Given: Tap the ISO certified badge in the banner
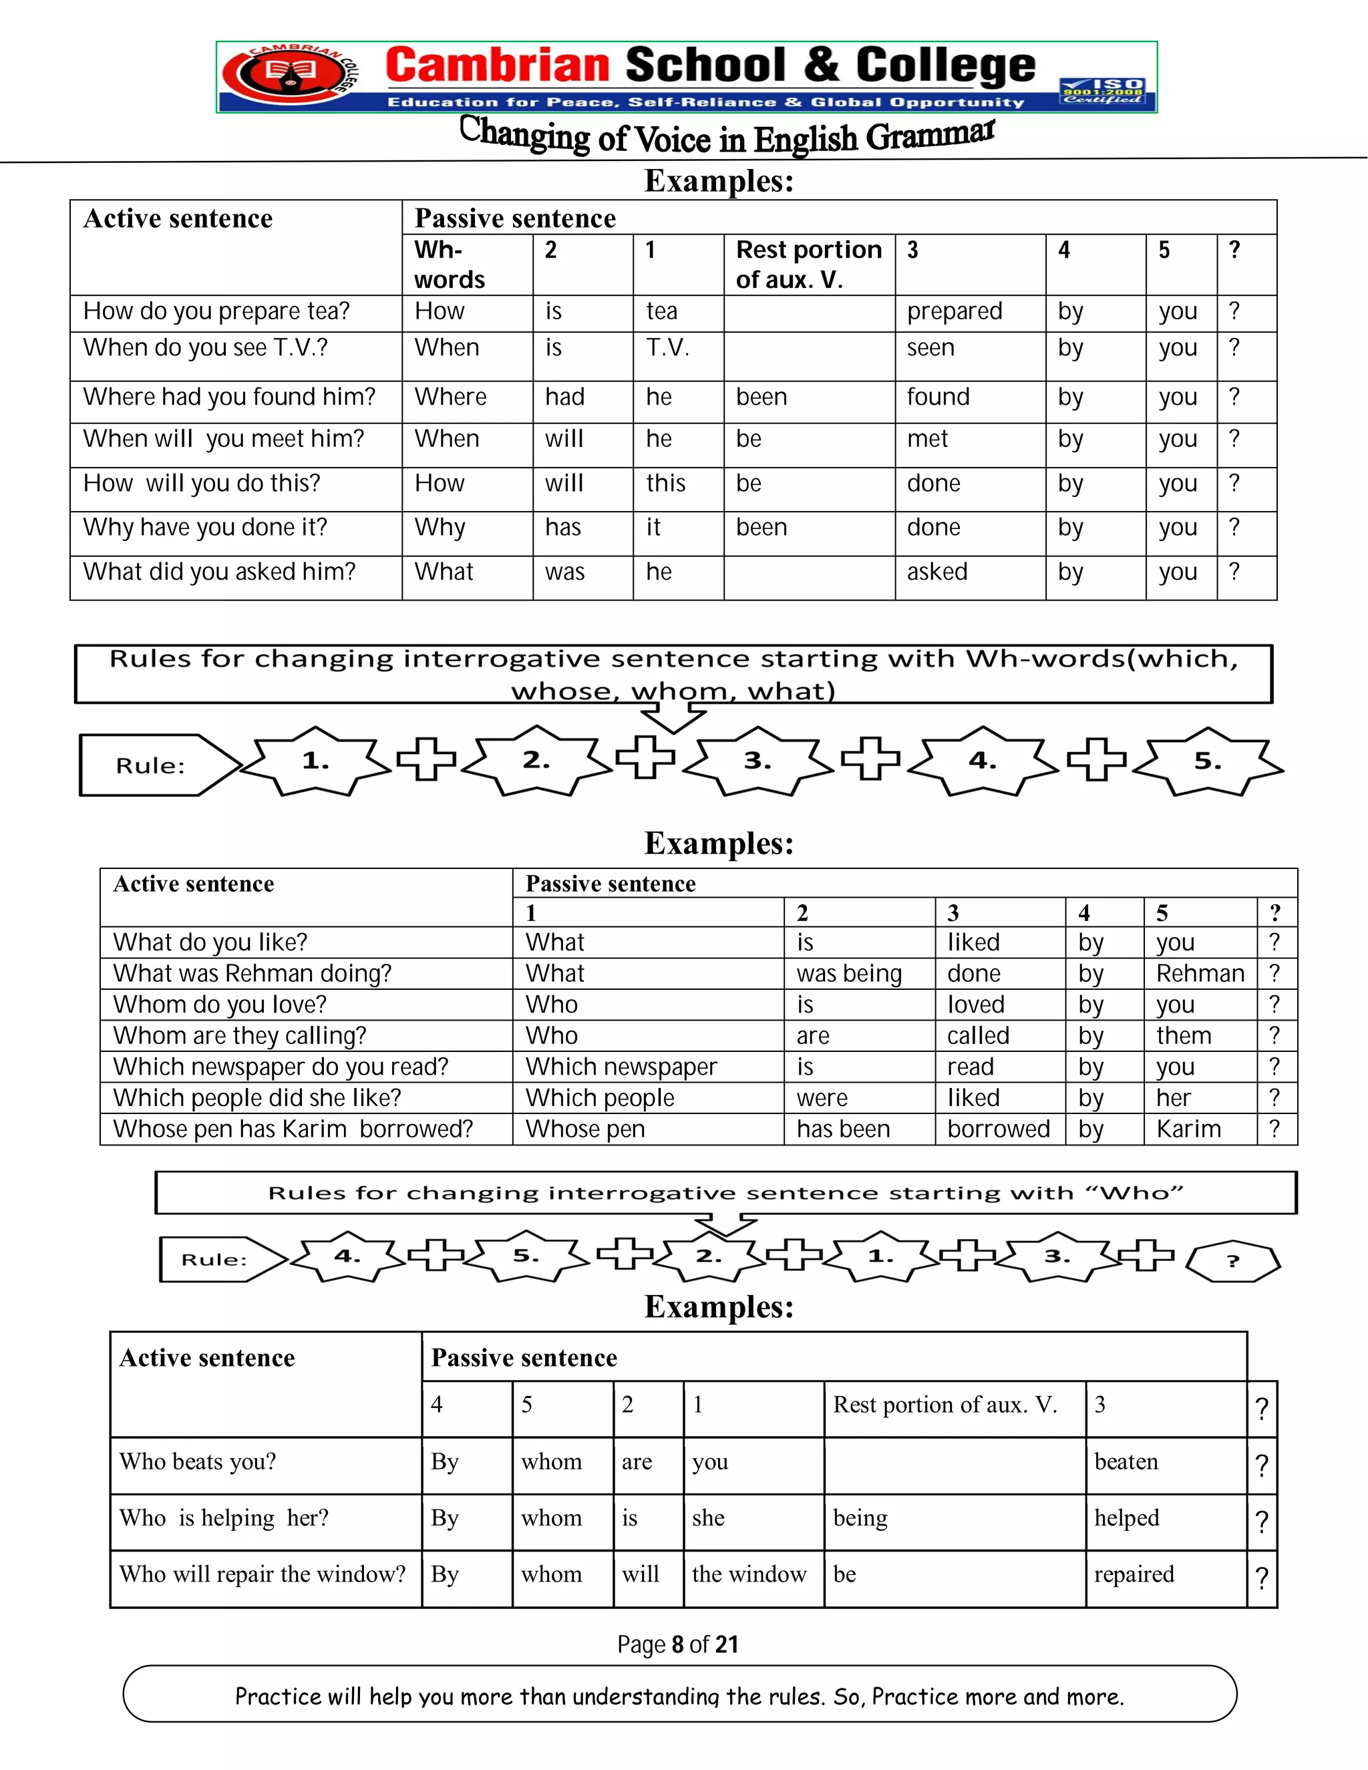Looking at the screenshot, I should tap(1103, 91).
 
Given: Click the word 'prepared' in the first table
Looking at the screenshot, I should tap(954, 311).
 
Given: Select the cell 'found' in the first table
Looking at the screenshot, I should tap(938, 397).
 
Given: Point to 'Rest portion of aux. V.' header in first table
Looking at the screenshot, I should tap(808, 264).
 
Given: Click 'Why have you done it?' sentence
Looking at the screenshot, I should tap(205, 528).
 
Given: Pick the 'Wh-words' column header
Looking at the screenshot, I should tap(450, 264).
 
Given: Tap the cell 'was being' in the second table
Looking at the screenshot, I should tap(848, 973).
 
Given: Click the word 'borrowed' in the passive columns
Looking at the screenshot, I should tap(998, 1129).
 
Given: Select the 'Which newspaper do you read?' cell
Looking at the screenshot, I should tap(281, 1067).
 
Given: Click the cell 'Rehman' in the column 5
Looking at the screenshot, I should tap(1200, 973).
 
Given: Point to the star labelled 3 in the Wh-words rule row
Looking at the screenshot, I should tap(757, 761).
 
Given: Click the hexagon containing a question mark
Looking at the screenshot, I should tap(1232, 1261).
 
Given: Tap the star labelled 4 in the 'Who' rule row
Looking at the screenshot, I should tap(347, 1257).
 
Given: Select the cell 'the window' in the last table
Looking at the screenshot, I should tap(749, 1575).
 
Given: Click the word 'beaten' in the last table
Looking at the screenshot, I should tap(1126, 1462).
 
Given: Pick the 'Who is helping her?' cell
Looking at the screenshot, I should tap(224, 1518).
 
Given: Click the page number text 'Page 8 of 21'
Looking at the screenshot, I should tap(677, 1644).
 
